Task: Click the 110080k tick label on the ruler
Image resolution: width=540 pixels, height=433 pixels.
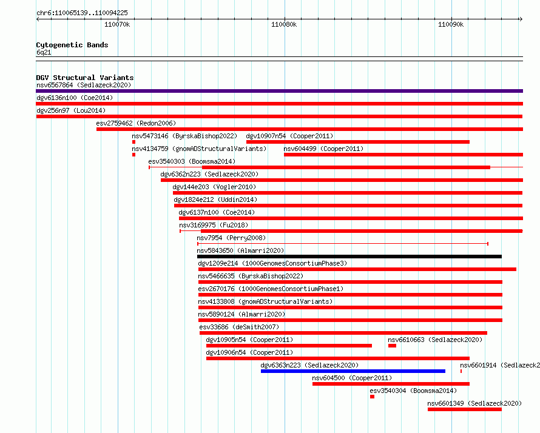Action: coord(284,24)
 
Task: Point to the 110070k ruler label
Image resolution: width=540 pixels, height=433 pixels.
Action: coord(117,24)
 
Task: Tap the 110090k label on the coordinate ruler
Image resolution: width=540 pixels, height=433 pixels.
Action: coord(451,24)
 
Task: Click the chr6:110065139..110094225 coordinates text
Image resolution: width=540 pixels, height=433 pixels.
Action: coord(82,13)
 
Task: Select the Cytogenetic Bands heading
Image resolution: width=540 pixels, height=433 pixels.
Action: coord(72,45)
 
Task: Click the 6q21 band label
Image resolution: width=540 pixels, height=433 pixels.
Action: coord(44,52)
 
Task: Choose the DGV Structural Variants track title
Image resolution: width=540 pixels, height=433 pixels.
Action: coord(85,78)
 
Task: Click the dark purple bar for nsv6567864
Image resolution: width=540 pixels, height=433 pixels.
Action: coord(279,91)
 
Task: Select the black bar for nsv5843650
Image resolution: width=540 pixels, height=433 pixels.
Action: coord(349,257)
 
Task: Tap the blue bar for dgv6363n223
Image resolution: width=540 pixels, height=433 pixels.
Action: coord(353,371)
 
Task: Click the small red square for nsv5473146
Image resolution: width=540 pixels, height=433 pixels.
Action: coord(133,142)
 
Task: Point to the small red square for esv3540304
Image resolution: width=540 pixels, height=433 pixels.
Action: coord(373,397)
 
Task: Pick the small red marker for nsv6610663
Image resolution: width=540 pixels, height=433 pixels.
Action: coord(392,346)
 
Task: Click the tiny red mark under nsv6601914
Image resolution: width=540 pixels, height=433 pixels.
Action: coord(461,371)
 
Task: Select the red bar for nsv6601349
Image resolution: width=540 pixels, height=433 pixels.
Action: coord(465,409)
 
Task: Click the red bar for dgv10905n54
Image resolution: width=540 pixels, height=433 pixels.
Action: coord(289,346)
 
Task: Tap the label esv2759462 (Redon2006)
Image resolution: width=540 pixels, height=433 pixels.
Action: coord(136,123)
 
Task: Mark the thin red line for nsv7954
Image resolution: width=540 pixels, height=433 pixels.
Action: coord(343,244)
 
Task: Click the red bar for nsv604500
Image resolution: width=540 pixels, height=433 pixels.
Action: coord(391,384)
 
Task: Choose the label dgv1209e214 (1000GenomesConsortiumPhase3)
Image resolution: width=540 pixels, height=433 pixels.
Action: coord(272,263)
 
